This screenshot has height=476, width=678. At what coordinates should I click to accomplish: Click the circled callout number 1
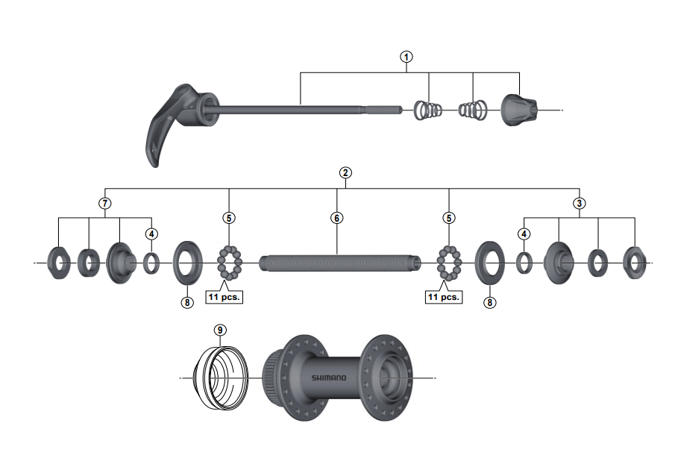pyautogui.click(x=407, y=57)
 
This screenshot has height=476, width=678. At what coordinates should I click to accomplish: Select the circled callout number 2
pyautogui.click(x=345, y=172)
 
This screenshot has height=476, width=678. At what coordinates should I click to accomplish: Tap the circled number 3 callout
pyautogui.click(x=580, y=203)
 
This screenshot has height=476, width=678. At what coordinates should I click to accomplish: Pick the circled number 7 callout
pyautogui.click(x=105, y=203)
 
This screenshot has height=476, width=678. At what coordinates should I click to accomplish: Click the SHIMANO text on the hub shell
pyautogui.click(x=329, y=378)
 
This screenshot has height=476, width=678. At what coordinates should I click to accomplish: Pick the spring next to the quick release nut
pyautogui.click(x=471, y=110)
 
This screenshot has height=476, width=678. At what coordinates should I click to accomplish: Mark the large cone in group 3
pyautogui.click(x=559, y=262)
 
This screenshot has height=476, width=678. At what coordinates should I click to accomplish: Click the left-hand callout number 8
pyautogui.click(x=186, y=302)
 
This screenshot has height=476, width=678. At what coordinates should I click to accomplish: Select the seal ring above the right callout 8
pyautogui.click(x=489, y=262)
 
